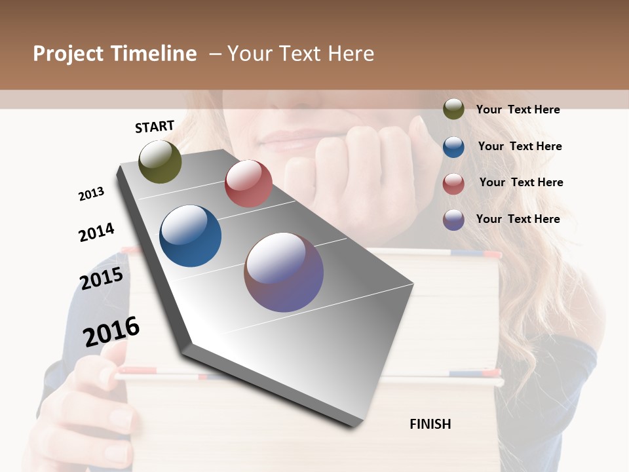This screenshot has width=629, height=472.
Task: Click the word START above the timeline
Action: click(x=155, y=127)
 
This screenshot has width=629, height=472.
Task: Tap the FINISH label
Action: click(x=430, y=424)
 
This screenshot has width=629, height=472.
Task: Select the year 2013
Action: click(x=91, y=194)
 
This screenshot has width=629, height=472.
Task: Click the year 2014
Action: click(x=96, y=232)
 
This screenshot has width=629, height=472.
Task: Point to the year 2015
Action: click(x=101, y=279)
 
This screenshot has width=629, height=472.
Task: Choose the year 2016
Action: click(x=111, y=332)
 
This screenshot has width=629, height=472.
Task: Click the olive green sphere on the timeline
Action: click(x=160, y=161)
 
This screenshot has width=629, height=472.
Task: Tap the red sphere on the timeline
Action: click(x=248, y=184)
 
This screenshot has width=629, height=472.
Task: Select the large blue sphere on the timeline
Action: click(x=190, y=236)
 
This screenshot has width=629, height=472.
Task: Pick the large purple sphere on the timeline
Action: click(x=284, y=272)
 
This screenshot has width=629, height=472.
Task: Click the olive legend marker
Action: click(x=453, y=109)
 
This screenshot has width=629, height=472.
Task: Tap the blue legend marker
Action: click(x=453, y=146)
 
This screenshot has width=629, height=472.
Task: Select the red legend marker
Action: click(x=453, y=183)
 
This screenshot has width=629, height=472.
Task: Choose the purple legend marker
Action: click(x=453, y=220)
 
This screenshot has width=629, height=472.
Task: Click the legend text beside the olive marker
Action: click(x=518, y=109)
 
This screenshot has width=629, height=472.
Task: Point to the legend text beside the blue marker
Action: click(x=520, y=146)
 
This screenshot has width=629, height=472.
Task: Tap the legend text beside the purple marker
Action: click(x=518, y=219)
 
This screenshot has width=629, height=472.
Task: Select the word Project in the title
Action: click(x=67, y=54)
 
